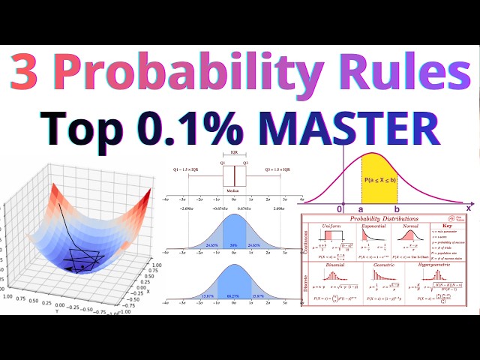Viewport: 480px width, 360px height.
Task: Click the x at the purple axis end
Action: [469, 207]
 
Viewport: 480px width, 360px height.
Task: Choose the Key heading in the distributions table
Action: [448, 226]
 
